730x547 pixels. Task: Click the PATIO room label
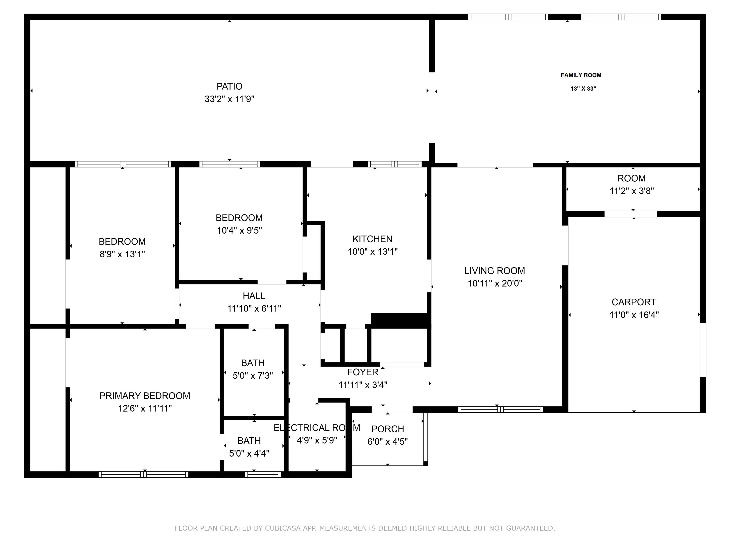tap(229, 86)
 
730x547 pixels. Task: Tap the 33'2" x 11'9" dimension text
tap(229, 99)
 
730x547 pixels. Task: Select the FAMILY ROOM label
tap(581, 75)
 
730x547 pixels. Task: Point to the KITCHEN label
tap(372, 239)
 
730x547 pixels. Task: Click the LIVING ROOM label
tap(494, 271)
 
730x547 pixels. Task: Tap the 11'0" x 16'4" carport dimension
tap(634, 315)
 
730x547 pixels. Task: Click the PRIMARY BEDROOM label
tap(145, 396)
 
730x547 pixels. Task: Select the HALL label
tap(254, 296)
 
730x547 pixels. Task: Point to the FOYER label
tap(363, 372)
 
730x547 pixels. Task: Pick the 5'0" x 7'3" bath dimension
tap(253, 376)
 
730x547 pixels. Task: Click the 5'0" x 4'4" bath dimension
tap(249, 453)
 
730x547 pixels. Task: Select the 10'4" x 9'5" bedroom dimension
tap(239, 231)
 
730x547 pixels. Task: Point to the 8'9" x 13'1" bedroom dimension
tap(122, 254)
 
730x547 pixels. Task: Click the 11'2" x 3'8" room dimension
tap(632, 191)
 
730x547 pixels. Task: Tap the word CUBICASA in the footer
tap(283, 528)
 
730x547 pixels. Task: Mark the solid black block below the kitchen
tap(401, 320)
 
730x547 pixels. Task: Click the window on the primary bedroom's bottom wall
tap(144, 474)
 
